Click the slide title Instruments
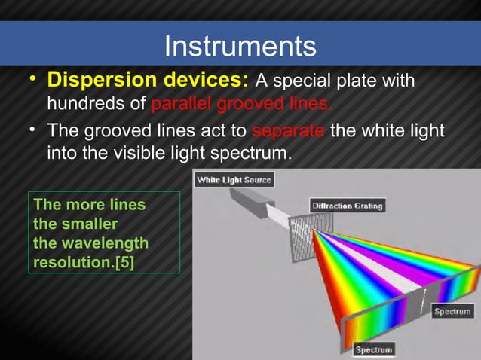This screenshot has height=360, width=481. (240, 47)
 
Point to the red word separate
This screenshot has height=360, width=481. (288, 133)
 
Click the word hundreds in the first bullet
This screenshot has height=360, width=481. (81, 102)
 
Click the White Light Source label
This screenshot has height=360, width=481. (234, 180)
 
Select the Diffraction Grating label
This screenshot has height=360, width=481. (347, 205)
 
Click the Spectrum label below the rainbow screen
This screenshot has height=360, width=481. (373, 349)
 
